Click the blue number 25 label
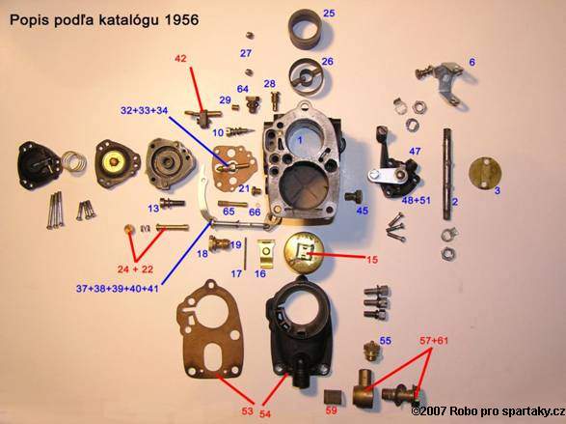click(329, 14)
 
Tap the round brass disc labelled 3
click(486, 173)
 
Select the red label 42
click(180, 58)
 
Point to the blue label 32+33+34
click(144, 111)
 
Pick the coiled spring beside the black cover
click(74, 161)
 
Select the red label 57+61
click(434, 341)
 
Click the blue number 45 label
click(362, 211)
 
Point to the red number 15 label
click(372, 259)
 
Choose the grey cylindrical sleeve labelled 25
click(307, 29)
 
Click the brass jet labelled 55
click(370, 351)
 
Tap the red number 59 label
click(331, 410)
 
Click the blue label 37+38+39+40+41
click(118, 289)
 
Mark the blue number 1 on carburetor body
click(299, 140)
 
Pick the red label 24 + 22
click(135, 269)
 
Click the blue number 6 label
click(472, 62)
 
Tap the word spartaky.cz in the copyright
click(532, 411)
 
